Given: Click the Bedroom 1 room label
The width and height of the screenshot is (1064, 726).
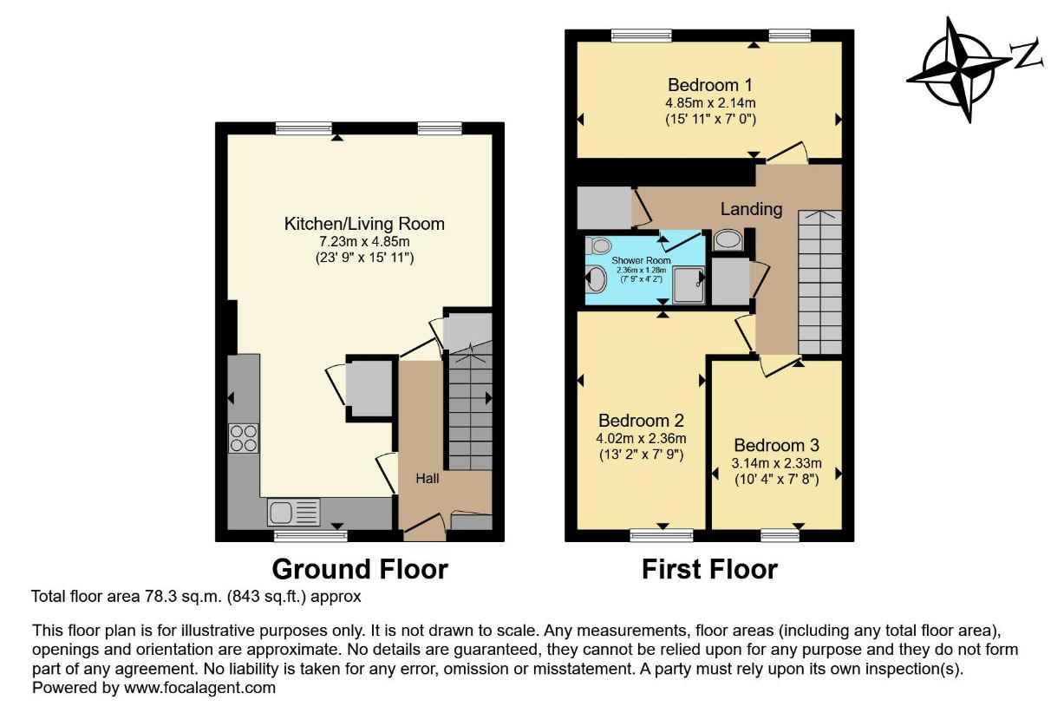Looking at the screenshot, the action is click(x=709, y=85).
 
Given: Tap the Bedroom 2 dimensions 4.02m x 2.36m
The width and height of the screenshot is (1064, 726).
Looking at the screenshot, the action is click(x=641, y=438).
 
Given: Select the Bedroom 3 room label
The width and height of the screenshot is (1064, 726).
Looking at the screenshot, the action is click(x=776, y=445).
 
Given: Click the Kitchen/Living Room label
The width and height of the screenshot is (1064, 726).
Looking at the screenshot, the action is click(x=364, y=224).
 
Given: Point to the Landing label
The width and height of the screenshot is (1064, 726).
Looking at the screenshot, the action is click(x=751, y=209).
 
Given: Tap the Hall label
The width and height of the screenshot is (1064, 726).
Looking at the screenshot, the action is click(x=427, y=479).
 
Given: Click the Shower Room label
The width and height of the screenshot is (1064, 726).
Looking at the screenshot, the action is click(x=641, y=260).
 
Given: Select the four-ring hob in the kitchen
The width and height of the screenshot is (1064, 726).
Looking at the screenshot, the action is click(x=243, y=438).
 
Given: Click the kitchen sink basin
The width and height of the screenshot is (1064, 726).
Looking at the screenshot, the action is click(x=280, y=513).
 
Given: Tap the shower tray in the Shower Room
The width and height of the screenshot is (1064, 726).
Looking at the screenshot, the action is click(x=689, y=285).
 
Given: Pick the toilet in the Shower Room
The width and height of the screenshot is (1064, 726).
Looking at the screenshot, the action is click(x=598, y=245).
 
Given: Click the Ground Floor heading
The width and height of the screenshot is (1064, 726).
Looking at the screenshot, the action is click(x=360, y=569).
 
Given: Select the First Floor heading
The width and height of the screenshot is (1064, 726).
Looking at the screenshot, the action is click(x=709, y=569).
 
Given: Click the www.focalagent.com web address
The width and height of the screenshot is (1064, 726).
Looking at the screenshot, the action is click(x=199, y=688).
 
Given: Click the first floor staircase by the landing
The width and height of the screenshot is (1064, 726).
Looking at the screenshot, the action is click(x=819, y=282).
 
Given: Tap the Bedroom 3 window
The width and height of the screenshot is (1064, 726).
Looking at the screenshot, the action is click(x=780, y=536).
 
